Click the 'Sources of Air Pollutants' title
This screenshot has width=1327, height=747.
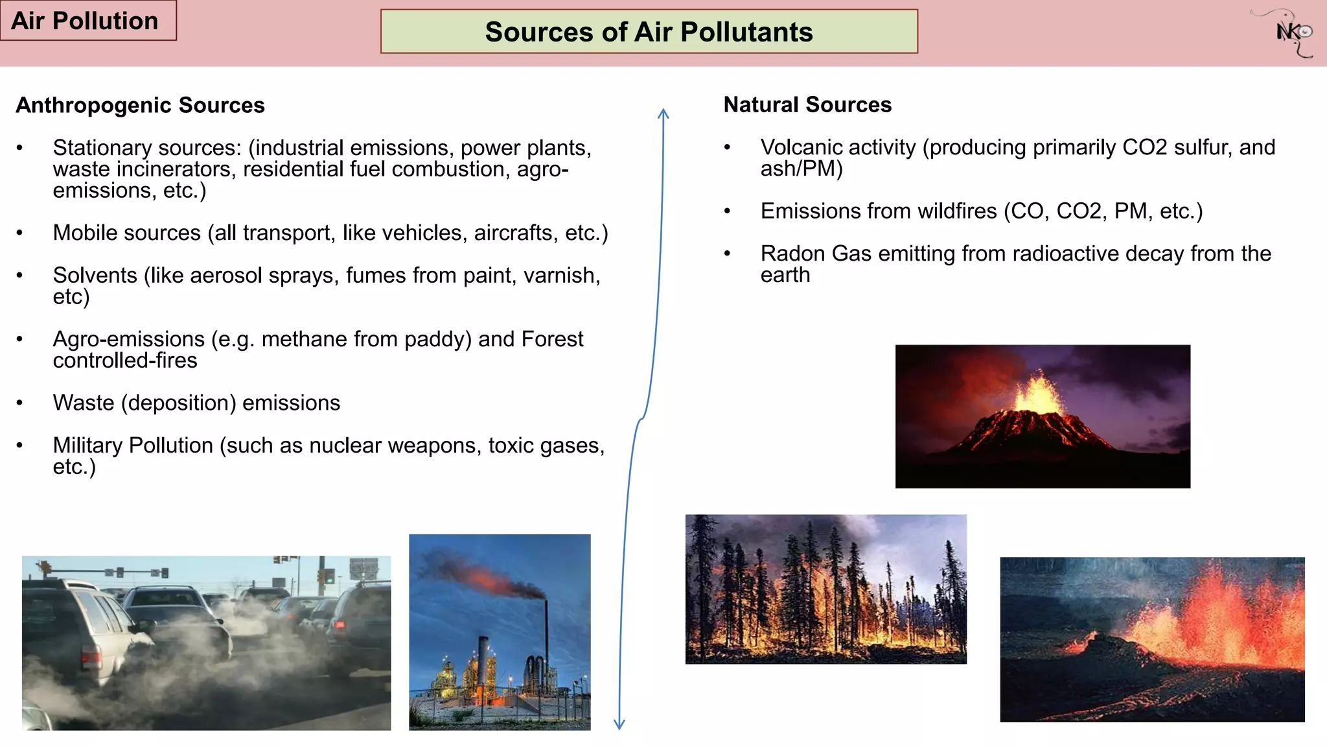pos(649,32)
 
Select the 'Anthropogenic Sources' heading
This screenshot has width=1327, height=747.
pos(140,105)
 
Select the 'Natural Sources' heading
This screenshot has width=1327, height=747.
pos(807,104)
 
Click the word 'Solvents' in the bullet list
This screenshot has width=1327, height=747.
pos(95,276)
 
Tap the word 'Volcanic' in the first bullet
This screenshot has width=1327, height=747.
pos(801,147)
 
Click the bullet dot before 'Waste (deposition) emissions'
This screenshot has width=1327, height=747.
pos(20,403)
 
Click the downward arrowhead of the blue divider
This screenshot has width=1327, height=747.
pos(619,725)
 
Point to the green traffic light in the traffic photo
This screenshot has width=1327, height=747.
pos(329,576)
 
